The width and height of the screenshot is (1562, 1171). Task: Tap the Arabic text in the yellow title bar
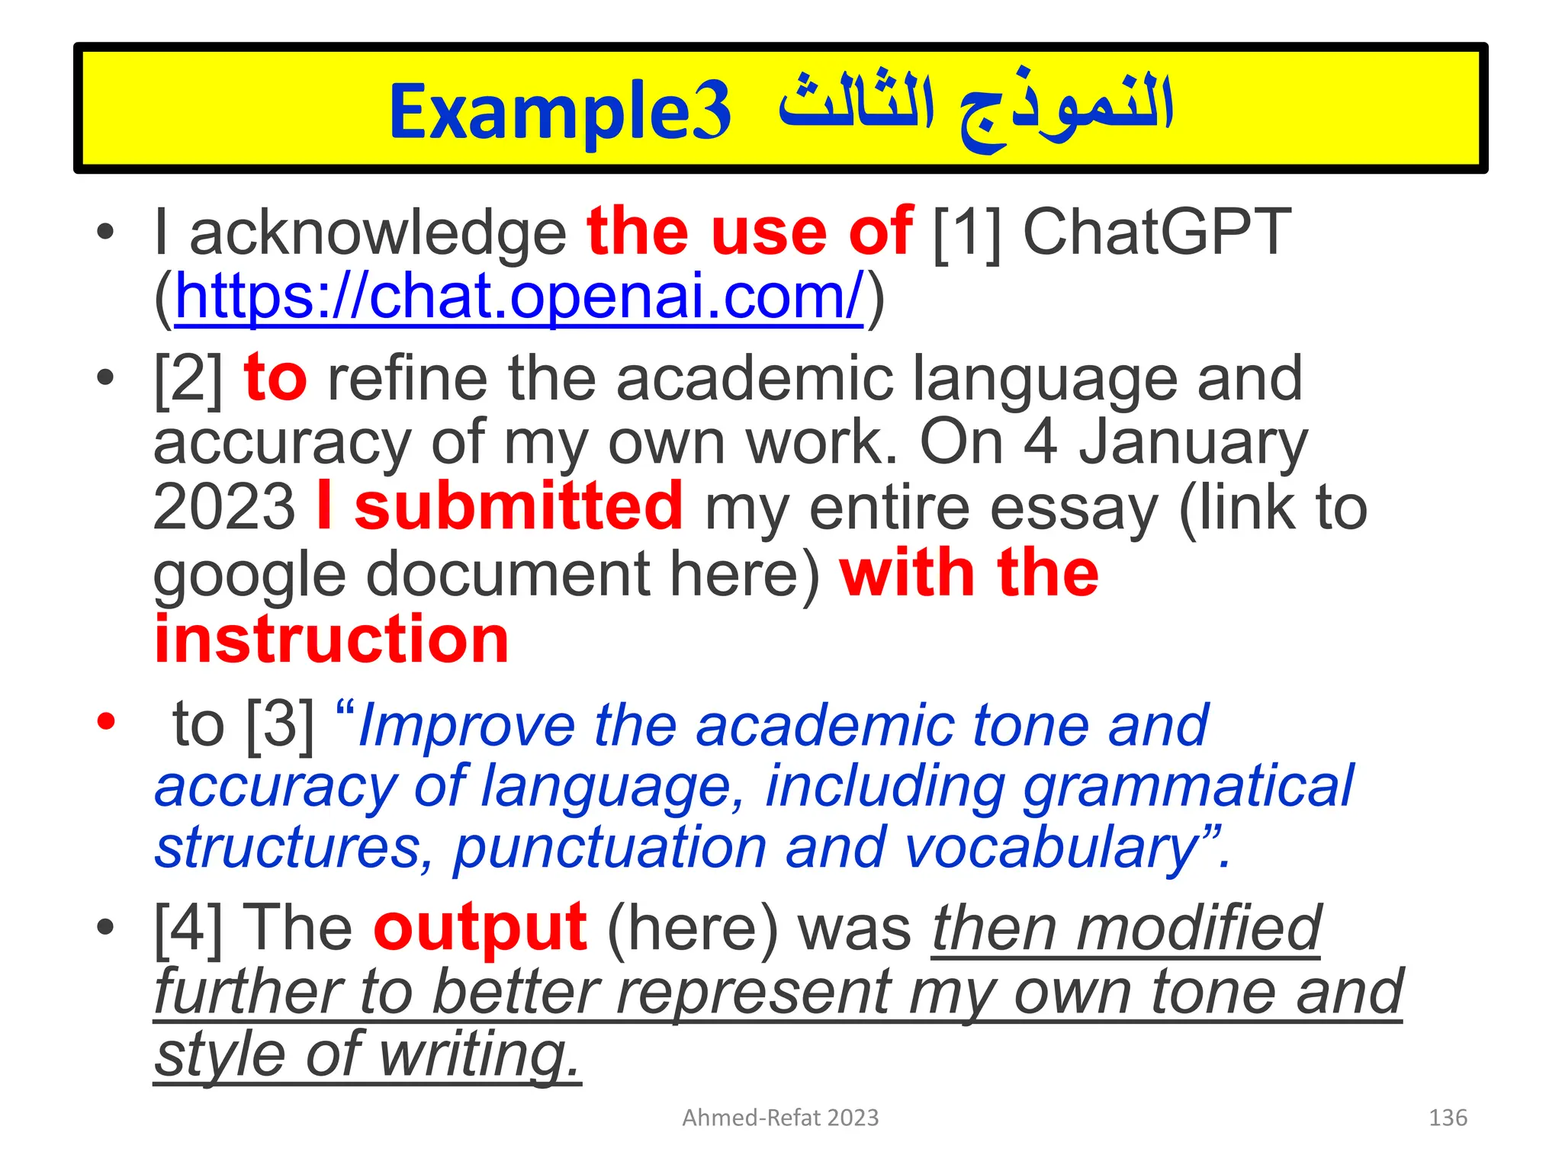pyautogui.click(x=975, y=111)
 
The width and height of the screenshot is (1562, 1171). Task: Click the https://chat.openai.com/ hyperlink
pyautogui.click(x=519, y=297)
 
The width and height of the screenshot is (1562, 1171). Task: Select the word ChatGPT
pyautogui.click(x=1156, y=233)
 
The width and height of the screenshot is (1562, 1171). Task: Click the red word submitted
pyautogui.click(x=518, y=506)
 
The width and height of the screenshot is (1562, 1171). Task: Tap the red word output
pyautogui.click(x=480, y=929)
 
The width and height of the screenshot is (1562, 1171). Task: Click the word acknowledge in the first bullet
pyautogui.click(x=378, y=233)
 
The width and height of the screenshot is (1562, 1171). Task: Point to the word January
pyautogui.click(x=1193, y=444)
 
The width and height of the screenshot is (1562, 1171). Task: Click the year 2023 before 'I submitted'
pyautogui.click(x=223, y=508)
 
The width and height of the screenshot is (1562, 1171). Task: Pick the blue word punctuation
pyautogui.click(x=610, y=848)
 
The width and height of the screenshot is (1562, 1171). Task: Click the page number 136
pyautogui.click(x=1447, y=1118)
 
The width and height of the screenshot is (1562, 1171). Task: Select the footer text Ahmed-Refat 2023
pyautogui.click(x=780, y=1118)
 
